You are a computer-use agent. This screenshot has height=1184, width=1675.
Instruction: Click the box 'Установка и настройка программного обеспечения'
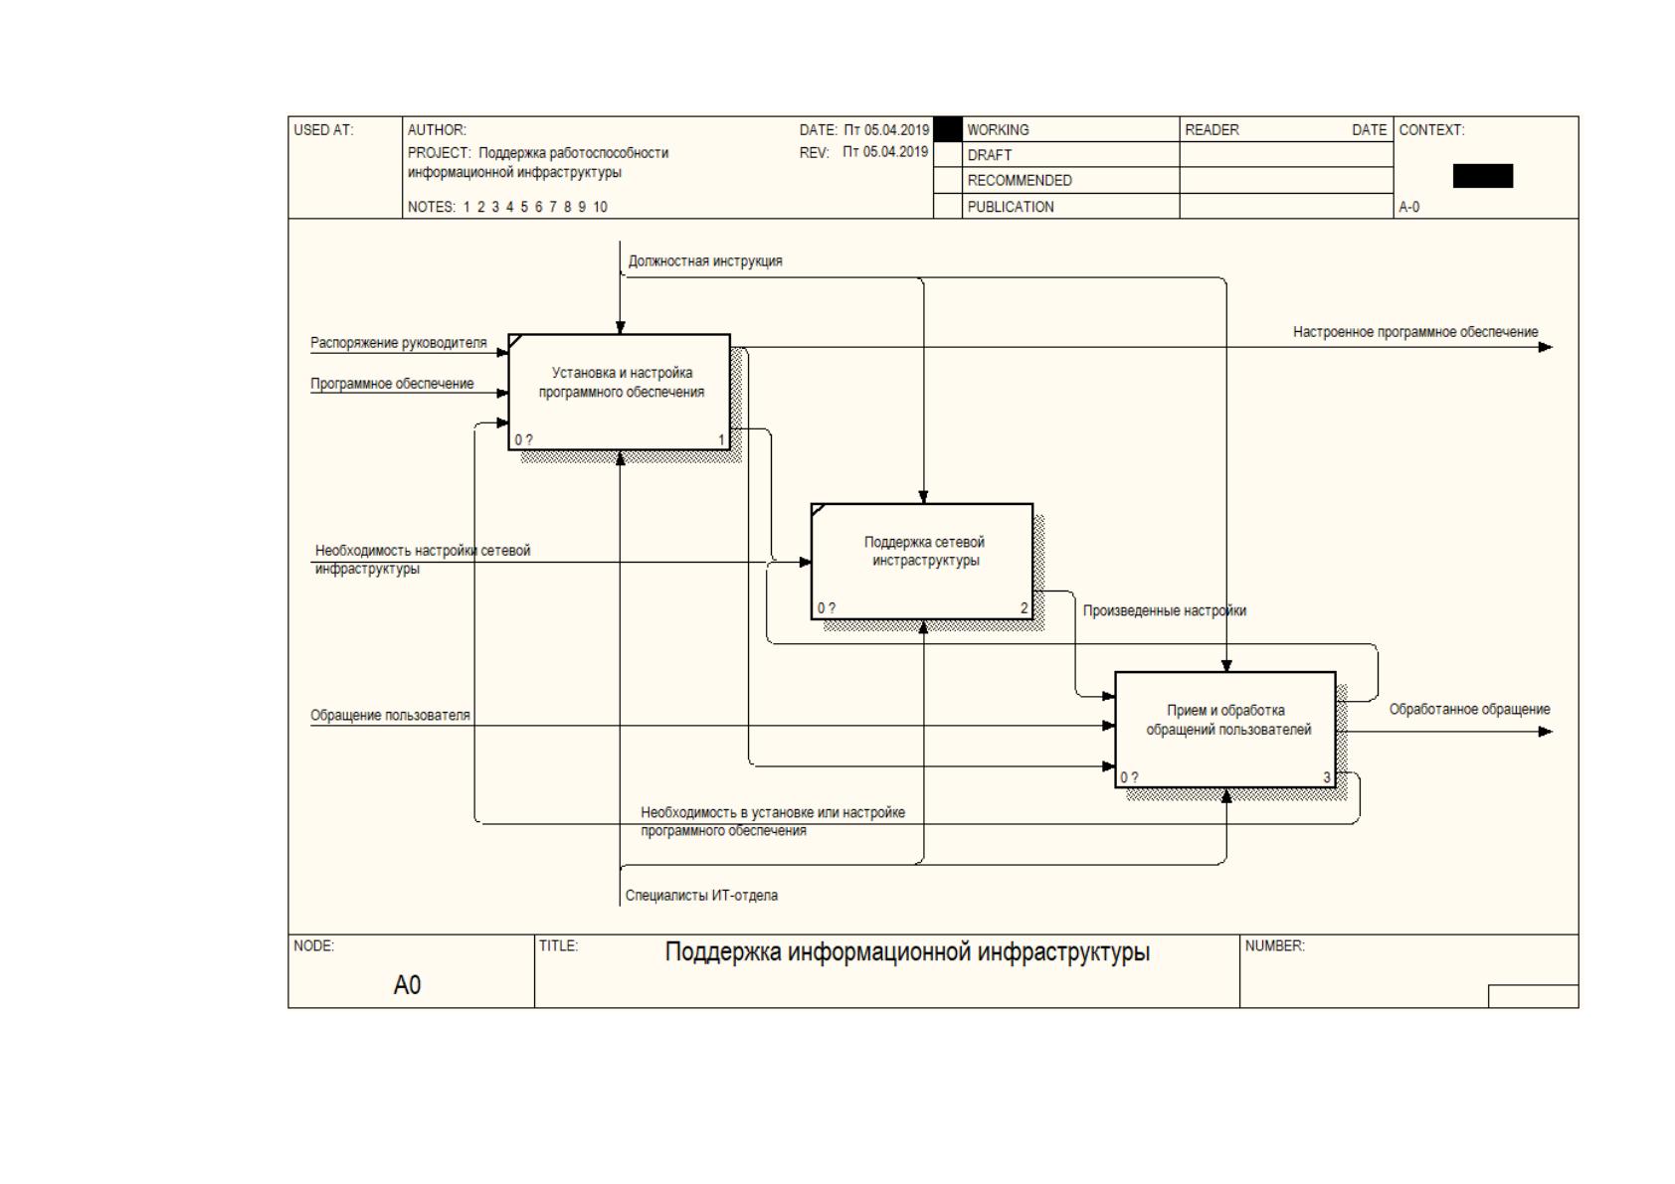coord(619,393)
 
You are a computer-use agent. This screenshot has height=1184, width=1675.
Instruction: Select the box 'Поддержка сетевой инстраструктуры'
coord(922,562)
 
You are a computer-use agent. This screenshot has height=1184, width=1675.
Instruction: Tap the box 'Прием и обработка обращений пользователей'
coord(1225,730)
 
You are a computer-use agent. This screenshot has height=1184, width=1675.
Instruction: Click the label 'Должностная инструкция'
coord(705,260)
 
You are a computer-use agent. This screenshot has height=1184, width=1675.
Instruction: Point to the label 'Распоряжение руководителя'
coord(399,343)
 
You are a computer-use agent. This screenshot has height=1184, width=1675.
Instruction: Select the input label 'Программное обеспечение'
coord(393,384)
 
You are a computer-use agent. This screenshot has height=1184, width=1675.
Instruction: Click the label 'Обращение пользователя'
coord(390,716)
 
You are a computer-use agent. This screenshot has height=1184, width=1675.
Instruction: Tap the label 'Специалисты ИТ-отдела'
coord(701,895)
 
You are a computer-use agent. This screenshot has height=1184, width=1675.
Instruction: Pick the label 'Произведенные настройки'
coord(1165,610)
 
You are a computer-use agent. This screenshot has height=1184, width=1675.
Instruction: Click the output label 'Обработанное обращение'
coord(1469,710)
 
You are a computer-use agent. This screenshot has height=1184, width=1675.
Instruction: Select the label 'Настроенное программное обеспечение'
coord(1415,332)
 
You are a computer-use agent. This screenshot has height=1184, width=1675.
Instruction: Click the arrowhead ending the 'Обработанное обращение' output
coord(1546,732)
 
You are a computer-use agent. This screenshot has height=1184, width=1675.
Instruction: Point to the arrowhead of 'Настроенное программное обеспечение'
coord(1546,348)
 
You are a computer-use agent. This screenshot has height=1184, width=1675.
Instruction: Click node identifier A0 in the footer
coord(407,985)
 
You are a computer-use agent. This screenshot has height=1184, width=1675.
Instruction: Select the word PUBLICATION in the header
coord(1011,207)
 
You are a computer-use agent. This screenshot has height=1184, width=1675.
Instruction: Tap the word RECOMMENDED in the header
coord(1020,181)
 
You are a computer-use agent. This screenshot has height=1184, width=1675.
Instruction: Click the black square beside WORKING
coord(948,129)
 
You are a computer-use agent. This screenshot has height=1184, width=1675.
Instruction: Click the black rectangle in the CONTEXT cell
coord(1483,176)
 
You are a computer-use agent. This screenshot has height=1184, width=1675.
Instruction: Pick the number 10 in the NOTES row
coord(600,207)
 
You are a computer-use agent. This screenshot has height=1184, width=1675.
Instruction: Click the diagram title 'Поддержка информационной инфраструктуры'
coord(907,951)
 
